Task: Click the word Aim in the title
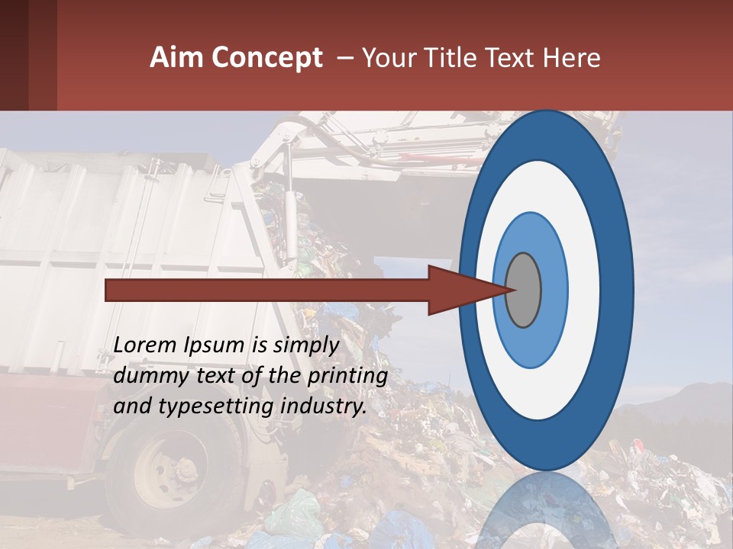(x=176, y=58)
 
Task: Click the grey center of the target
(x=523, y=290)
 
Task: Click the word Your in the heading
(x=389, y=58)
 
